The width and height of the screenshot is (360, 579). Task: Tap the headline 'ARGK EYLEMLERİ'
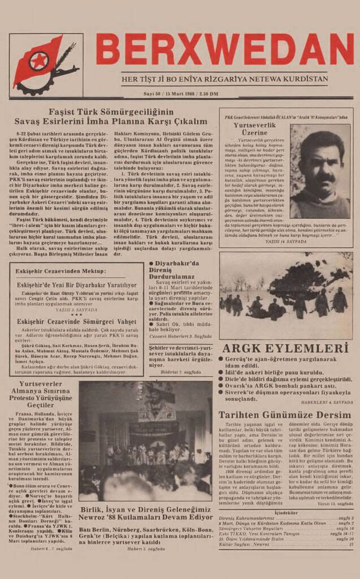285,348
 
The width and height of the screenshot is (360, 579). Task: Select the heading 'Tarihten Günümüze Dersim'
285,414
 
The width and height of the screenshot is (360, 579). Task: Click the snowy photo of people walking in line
286,294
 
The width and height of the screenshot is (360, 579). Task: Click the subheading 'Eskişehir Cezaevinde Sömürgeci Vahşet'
76,321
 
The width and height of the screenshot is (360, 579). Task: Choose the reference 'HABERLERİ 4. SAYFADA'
327,401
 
